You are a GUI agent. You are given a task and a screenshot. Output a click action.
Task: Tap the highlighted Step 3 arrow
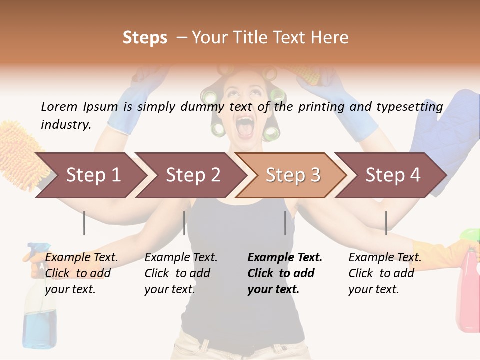[293, 175]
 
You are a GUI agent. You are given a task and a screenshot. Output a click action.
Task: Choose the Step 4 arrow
[393, 175]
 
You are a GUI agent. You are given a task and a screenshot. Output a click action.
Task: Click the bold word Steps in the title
[145, 37]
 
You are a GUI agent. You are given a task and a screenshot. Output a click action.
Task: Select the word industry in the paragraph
[65, 124]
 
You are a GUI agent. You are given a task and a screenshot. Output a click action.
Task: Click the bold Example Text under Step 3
[285, 257]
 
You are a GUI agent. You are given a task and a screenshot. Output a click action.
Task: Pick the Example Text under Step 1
[81, 257]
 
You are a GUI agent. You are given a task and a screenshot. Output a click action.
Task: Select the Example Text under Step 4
[385, 257]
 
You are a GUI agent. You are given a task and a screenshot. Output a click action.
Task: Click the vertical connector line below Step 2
[184, 223]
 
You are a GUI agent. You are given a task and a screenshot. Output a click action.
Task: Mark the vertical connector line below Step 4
[386, 223]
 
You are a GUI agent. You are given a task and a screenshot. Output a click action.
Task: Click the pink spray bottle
[469, 295]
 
